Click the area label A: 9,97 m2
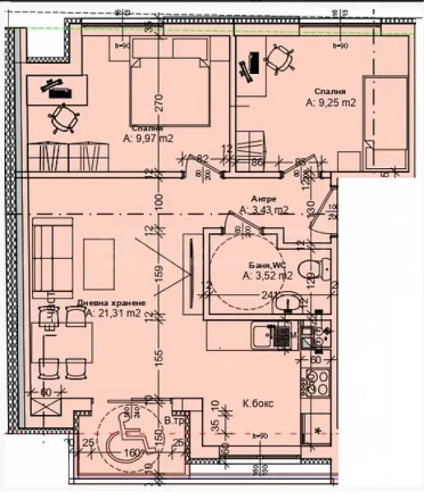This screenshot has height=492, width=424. (x=148, y=139)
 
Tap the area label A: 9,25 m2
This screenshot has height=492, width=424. (x=330, y=104)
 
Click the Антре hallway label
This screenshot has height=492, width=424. (x=263, y=199)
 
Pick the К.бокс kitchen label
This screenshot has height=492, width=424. (x=256, y=403)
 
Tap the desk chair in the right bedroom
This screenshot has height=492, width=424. (x=279, y=59)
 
